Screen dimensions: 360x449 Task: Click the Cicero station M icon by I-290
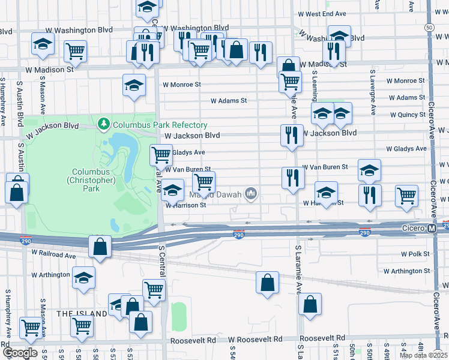[432, 229]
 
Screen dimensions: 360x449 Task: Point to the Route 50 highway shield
[428, 28]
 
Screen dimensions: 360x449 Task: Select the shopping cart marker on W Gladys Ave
[160, 155]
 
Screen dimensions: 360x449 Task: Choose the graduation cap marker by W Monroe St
[134, 86]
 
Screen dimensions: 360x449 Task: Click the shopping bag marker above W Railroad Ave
[100, 246]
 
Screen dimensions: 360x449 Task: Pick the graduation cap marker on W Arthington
[83, 278]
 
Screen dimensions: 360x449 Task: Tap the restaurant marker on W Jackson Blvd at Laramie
[291, 135]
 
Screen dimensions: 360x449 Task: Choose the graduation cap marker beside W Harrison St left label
[172, 190]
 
